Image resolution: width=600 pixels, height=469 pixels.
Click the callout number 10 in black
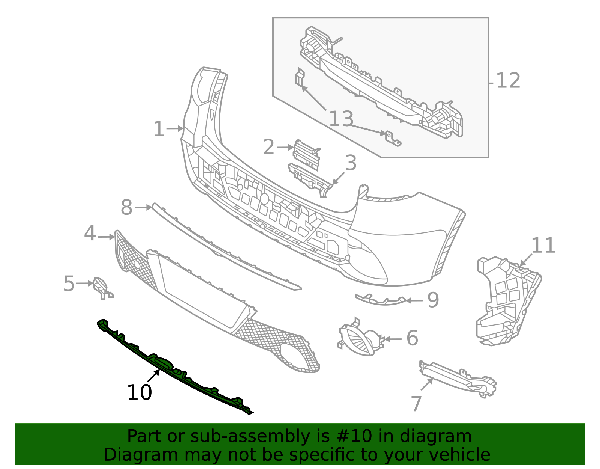[x=139, y=393]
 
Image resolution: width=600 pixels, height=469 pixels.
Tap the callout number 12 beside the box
[x=508, y=81]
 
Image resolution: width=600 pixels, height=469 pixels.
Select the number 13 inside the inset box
[x=341, y=119]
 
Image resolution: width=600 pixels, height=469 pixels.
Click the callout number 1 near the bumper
[x=159, y=130]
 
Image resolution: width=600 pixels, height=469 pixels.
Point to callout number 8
[x=126, y=207]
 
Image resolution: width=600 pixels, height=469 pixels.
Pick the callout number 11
[x=543, y=246]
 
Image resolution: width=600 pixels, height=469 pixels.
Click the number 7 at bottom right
[x=416, y=404]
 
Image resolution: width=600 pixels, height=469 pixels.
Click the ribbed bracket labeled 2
[x=306, y=154]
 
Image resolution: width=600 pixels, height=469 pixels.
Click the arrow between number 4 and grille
[x=106, y=237]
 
